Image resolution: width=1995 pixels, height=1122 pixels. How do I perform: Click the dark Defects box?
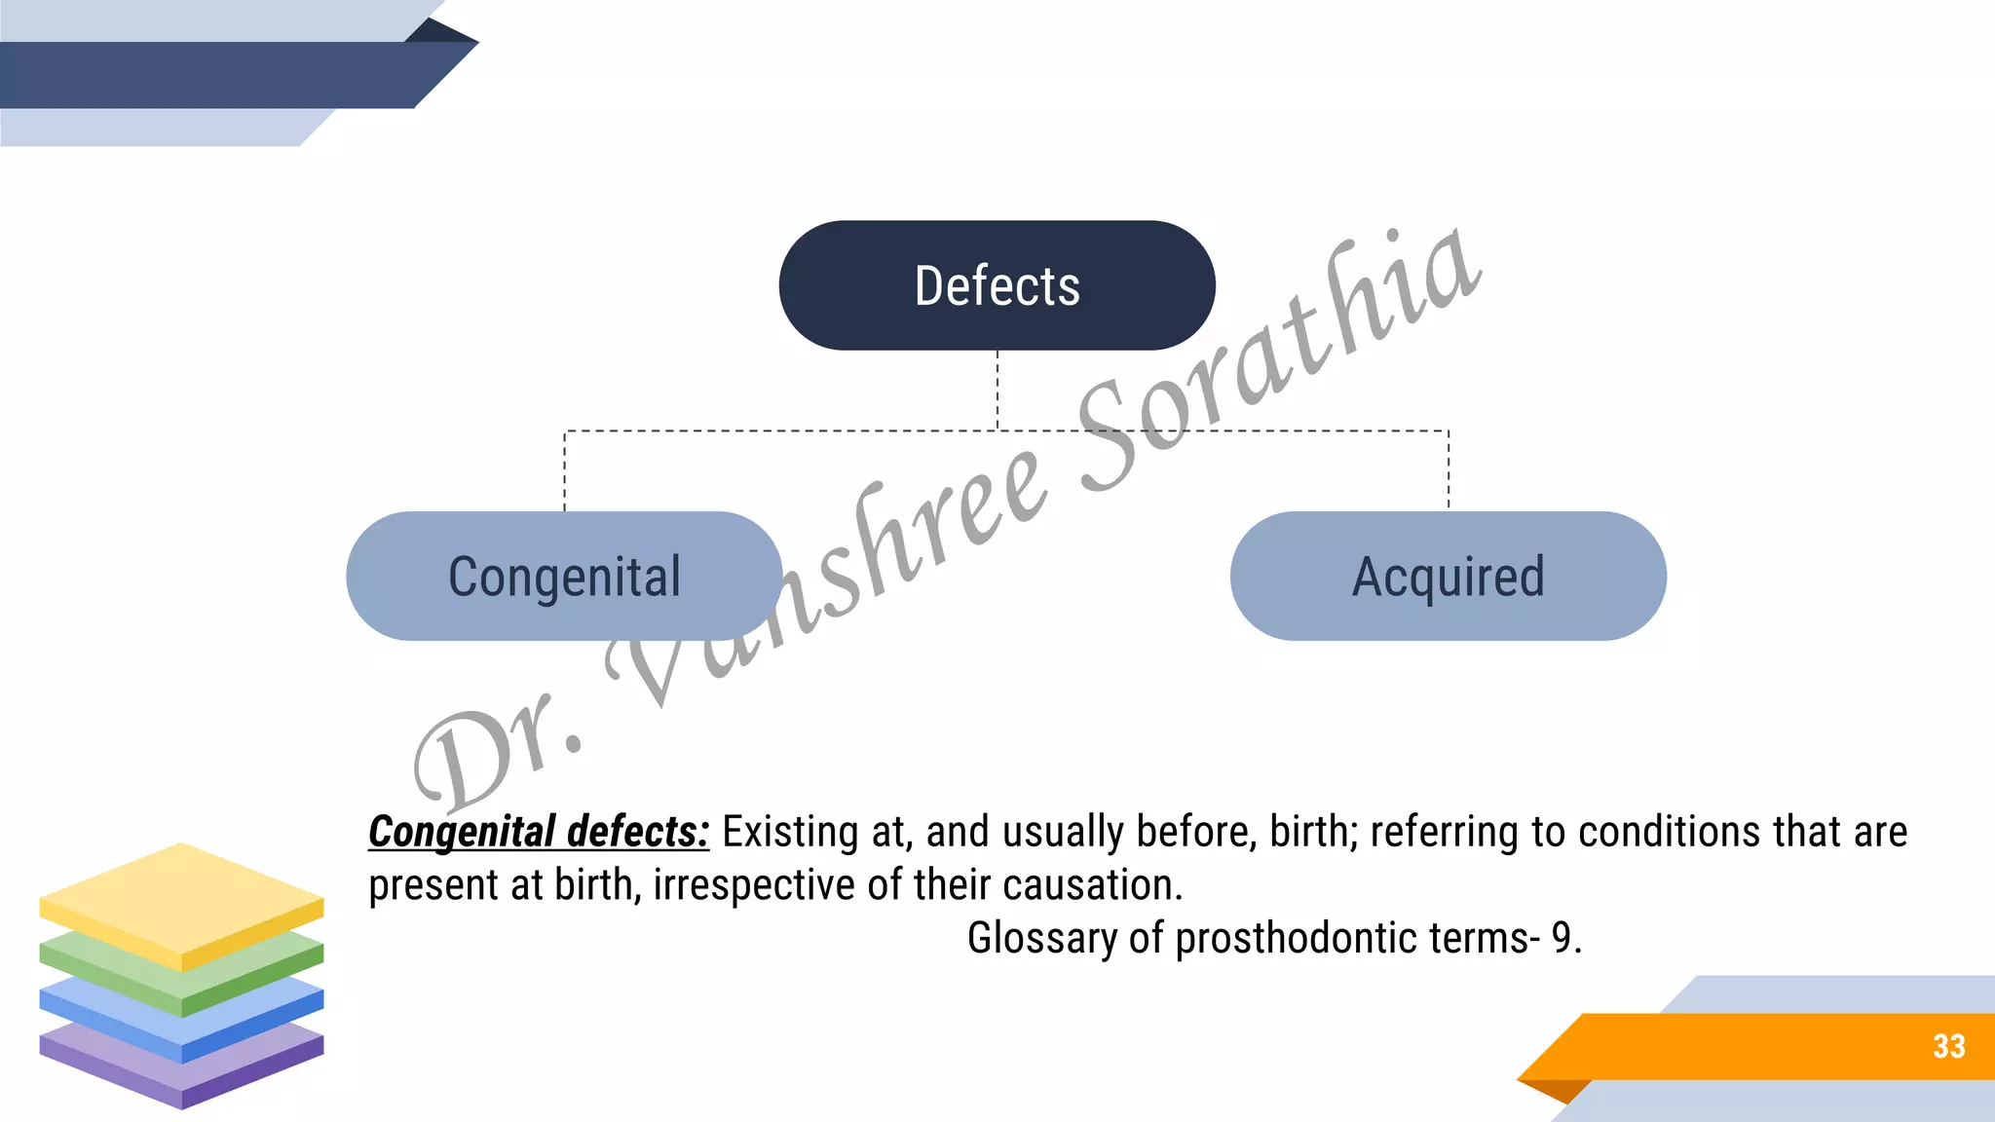coord(997,285)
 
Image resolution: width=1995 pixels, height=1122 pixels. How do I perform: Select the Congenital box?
coord(564,576)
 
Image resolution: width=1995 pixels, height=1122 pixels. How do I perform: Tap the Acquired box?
coord(1448,576)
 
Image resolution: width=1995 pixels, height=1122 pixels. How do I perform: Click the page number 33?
coord(1948,1046)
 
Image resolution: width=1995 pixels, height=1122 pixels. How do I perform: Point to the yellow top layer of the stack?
coord(181,901)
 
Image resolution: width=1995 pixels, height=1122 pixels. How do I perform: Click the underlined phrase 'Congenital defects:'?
coord(539,832)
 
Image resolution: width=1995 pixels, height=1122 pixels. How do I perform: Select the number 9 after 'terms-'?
coord(1562,938)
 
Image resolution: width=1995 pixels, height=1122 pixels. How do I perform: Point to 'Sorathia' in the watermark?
coord(1276,360)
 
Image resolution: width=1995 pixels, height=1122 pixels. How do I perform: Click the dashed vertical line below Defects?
coord(997,390)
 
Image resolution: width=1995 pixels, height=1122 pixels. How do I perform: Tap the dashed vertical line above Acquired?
coord(1449,469)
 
